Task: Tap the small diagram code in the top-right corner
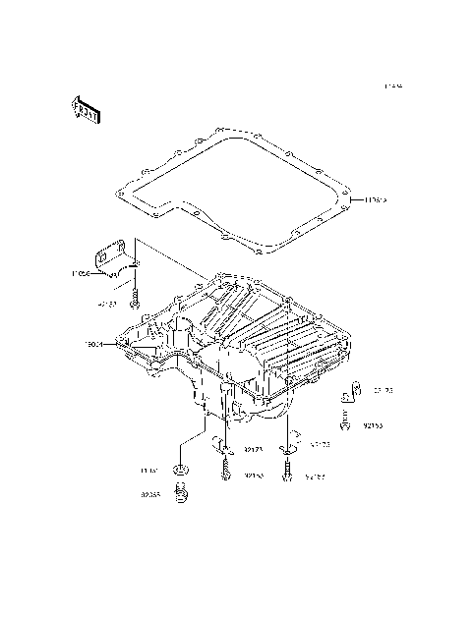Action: (x=393, y=87)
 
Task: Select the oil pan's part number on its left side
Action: (x=93, y=344)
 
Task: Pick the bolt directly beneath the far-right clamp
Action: (x=347, y=423)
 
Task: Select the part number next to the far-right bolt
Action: (x=374, y=427)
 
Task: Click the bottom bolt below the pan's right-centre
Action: (x=288, y=476)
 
